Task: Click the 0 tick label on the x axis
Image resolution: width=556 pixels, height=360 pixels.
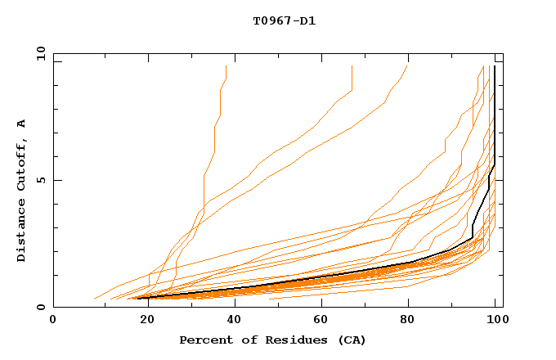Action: click(x=53, y=320)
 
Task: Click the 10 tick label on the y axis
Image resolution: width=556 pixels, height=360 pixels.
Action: click(x=39, y=53)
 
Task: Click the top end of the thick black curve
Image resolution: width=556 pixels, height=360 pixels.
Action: click(x=495, y=66)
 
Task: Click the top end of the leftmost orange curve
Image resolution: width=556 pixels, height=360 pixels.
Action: click(x=226, y=66)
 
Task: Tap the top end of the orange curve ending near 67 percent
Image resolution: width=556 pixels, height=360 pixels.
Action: click(x=352, y=66)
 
